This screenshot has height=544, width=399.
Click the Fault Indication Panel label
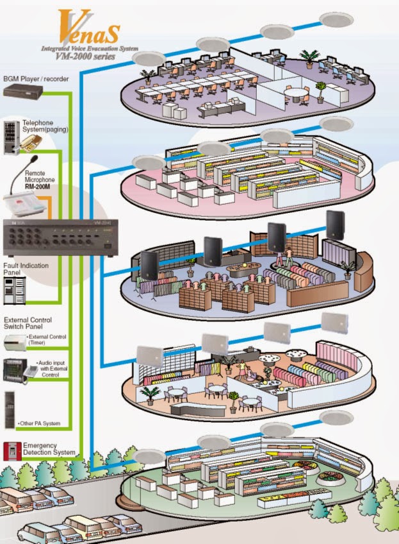(x=22, y=269)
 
